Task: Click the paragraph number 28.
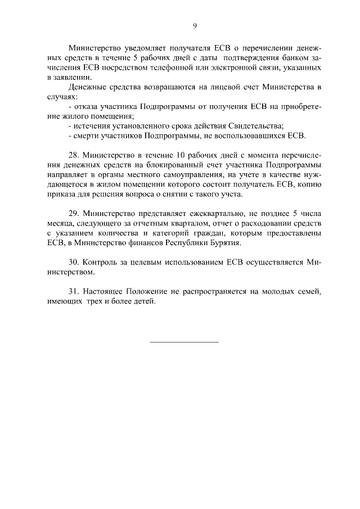point(73,155)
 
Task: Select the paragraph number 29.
point(73,214)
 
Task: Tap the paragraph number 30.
point(73,263)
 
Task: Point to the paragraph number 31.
point(73,292)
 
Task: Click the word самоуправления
point(179,174)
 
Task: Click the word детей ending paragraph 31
point(142,302)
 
